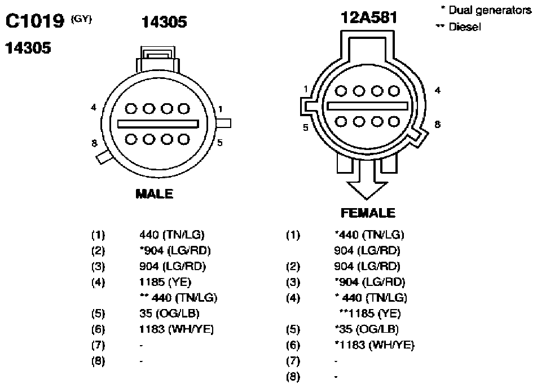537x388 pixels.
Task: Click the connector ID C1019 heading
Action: [x=34, y=21]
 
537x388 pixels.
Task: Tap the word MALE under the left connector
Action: [x=155, y=194]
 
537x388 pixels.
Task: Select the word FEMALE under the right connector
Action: [x=368, y=213]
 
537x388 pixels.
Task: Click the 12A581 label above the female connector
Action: [x=369, y=17]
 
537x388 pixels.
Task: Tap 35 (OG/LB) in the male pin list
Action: [x=170, y=314]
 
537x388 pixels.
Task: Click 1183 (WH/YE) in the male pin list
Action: [x=177, y=329]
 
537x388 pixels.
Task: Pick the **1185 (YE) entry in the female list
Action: [x=370, y=314]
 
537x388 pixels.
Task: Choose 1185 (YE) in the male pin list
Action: [x=165, y=282]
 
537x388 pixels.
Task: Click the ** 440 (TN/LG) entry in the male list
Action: [x=179, y=298]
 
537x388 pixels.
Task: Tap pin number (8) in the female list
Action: [x=293, y=377]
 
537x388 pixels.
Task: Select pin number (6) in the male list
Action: [x=98, y=329]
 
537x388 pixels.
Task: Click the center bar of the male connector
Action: [x=158, y=124]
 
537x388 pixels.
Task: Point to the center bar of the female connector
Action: [x=367, y=106]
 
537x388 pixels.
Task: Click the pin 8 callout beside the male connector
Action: [x=94, y=143]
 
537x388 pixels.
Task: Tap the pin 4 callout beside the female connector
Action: [x=437, y=90]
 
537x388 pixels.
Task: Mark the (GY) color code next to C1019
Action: [x=81, y=19]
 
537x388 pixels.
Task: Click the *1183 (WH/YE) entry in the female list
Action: [x=375, y=345]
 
